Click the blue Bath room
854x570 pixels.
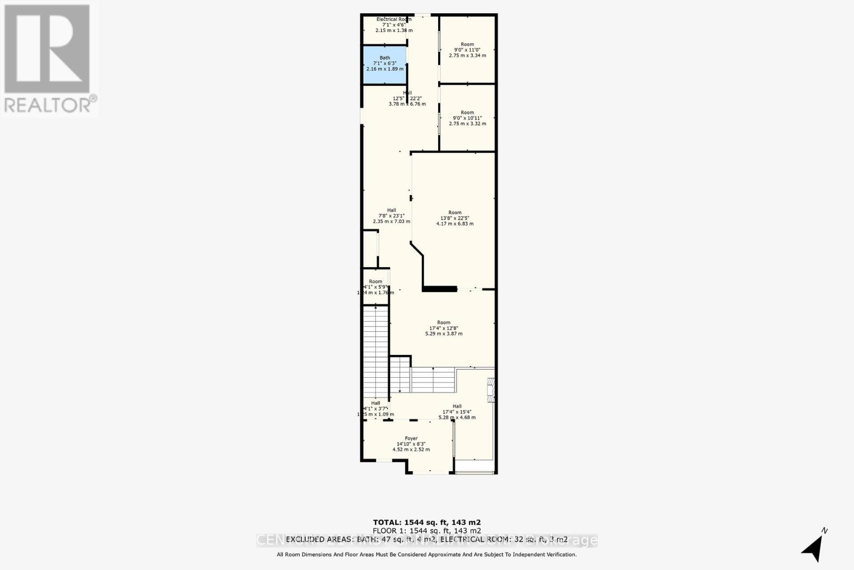click(x=385, y=65)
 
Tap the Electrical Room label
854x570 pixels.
click(x=394, y=19)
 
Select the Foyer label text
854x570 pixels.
click(x=411, y=439)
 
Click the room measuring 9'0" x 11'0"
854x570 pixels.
click(x=468, y=50)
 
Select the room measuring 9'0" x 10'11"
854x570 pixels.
click(x=468, y=118)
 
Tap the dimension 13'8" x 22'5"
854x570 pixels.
click(x=455, y=218)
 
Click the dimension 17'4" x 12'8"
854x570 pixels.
click(x=444, y=328)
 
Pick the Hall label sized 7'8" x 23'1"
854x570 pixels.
click(x=391, y=210)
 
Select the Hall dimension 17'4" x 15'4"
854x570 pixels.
click(x=457, y=412)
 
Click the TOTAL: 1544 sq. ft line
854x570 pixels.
click(x=426, y=522)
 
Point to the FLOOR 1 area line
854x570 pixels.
click(x=426, y=531)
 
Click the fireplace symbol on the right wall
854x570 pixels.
click(x=491, y=390)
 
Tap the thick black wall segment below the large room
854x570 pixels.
click(x=439, y=290)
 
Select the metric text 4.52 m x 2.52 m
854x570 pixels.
click(x=411, y=450)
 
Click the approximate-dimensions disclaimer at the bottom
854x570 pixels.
click(x=426, y=555)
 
